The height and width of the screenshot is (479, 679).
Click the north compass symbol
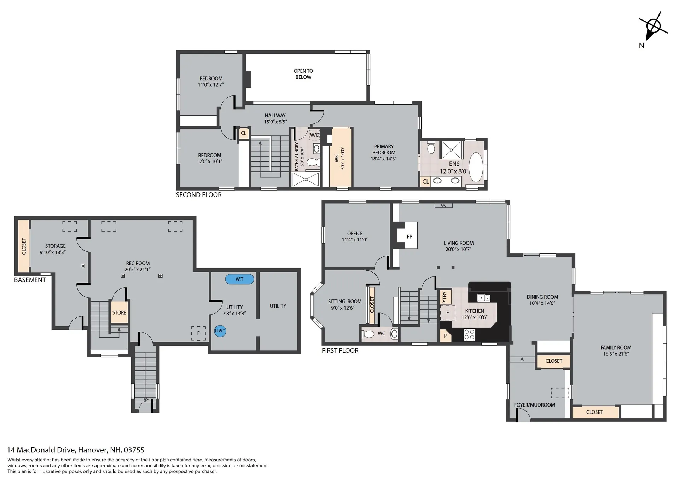coord(653,27)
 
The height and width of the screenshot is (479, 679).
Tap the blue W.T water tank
coord(239,279)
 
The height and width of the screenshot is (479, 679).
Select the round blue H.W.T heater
coord(220,331)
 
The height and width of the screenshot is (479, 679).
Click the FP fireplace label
coord(410,236)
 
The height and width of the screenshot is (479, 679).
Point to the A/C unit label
coord(443,205)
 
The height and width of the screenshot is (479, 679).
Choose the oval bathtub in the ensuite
coord(476,167)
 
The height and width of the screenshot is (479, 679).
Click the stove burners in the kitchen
coord(469,334)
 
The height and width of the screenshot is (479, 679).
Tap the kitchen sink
coord(483,298)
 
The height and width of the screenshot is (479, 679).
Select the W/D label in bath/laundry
coord(314,135)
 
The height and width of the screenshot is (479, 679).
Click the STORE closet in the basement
coord(119,312)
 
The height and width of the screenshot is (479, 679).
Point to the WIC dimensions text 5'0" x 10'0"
coord(342,158)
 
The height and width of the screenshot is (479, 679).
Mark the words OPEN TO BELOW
coord(303,74)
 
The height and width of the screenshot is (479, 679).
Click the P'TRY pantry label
coord(445,297)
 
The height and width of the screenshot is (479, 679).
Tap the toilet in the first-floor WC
coord(368,334)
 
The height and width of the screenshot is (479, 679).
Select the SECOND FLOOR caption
coord(199,195)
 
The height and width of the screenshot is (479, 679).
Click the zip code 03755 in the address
coord(134,450)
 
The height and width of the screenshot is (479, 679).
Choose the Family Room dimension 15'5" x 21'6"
coord(616,354)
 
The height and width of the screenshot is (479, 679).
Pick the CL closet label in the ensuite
coord(426,181)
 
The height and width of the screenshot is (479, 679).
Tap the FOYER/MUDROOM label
coord(534,405)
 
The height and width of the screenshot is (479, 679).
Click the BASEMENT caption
coord(30,280)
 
